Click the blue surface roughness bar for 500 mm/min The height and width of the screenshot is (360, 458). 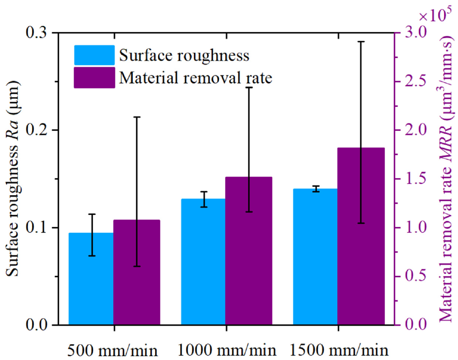tap(91, 279)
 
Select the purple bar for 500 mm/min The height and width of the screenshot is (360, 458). tap(137, 272)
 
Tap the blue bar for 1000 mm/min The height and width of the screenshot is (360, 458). tap(203, 261)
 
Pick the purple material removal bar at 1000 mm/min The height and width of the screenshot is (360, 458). tap(249, 251)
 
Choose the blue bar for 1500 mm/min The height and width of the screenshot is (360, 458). tap(315, 256)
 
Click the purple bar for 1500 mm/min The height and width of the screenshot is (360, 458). tap(361, 236)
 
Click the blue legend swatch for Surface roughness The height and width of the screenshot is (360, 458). tap(94, 55)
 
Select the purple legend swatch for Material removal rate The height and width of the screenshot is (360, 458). tap(94, 77)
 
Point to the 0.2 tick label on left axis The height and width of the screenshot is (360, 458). tap(37, 130)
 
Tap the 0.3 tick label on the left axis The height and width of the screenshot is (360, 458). tap(37, 33)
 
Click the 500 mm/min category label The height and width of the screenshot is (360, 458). tap(113, 350)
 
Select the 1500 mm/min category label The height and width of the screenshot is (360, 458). tap(339, 350)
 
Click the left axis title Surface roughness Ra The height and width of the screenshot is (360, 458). tap(13, 179)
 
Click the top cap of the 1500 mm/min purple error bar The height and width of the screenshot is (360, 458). tap(361, 42)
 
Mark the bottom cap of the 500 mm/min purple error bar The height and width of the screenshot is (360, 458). tap(137, 266)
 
